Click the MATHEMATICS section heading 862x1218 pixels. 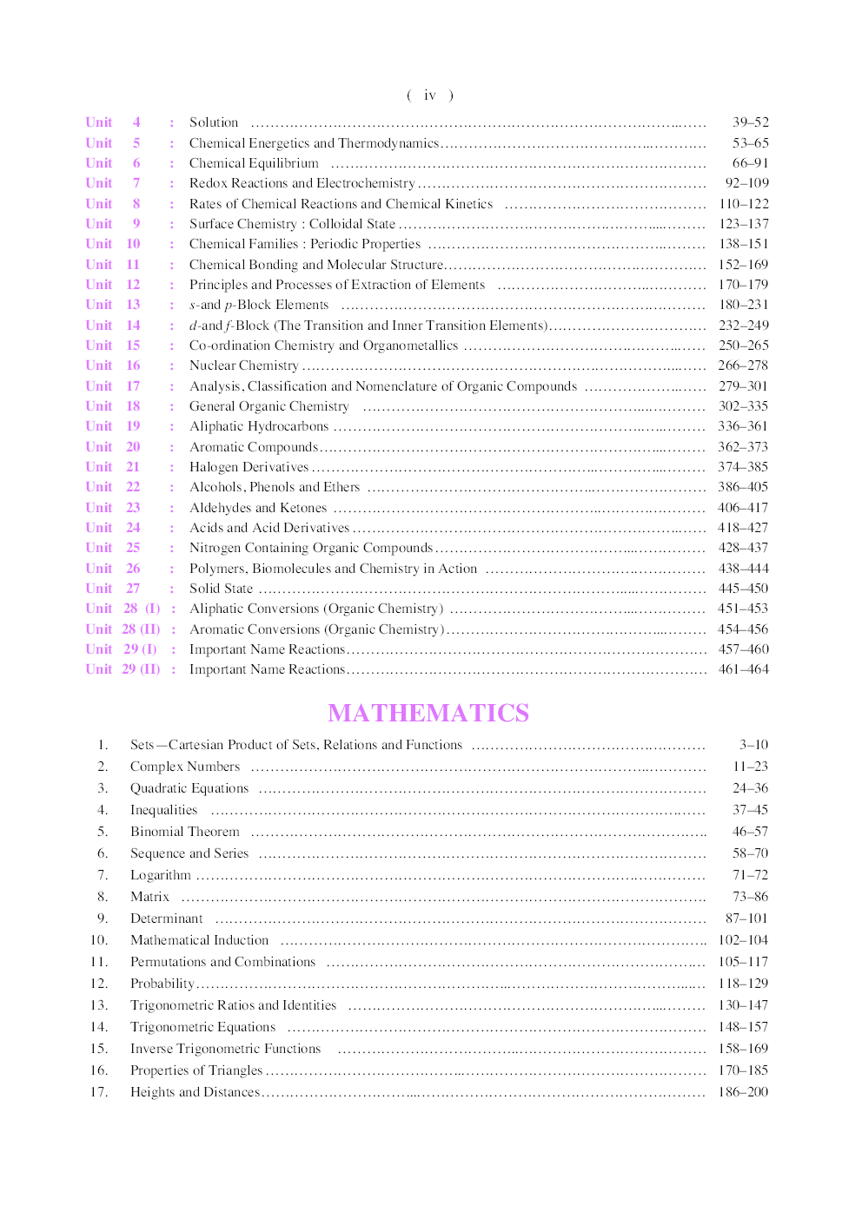click(x=428, y=713)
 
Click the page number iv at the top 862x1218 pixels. click(x=429, y=95)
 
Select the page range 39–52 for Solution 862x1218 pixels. click(x=750, y=122)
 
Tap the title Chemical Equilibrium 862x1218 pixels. click(x=254, y=163)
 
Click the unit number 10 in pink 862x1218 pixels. click(x=133, y=244)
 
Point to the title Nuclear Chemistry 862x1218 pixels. click(x=243, y=365)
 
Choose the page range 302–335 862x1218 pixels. click(x=743, y=406)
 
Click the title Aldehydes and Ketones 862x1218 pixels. click(x=258, y=508)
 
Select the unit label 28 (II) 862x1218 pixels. click(x=141, y=629)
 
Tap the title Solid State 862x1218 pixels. click(x=221, y=589)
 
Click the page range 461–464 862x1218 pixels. click(x=743, y=669)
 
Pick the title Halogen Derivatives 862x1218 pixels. click(x=249, y=467)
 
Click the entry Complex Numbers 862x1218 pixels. click(x=185, y=767)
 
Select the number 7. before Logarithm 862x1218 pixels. click(x=103, y=875)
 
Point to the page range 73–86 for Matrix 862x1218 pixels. click(x=750, y=897)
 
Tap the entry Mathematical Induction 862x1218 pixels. click(x=199, y=940)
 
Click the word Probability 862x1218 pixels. click(x=162, y=984)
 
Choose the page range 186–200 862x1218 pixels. click(x=743, y=1092)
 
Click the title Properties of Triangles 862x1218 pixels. click(x=196, y=1070)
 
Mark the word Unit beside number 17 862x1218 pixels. click(x=98, y=386)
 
